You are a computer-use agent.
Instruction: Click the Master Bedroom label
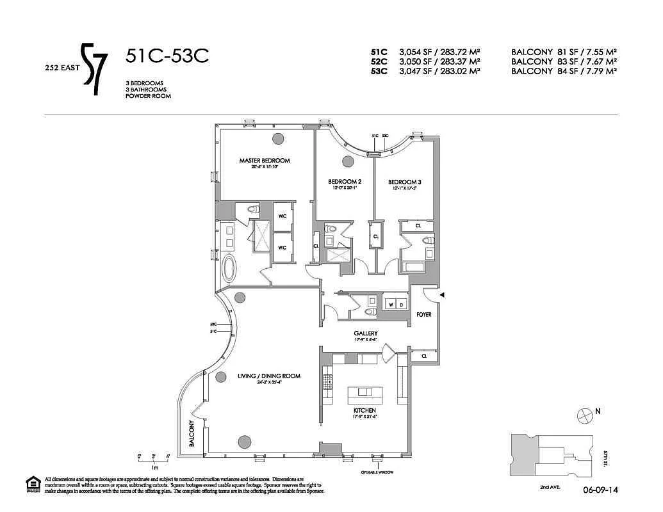click(x=265, y=161)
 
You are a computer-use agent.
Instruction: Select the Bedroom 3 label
click(x=404, y=182)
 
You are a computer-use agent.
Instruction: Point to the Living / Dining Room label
click(x=270, y=376)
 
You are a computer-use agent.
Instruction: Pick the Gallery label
click(x=365, y=333)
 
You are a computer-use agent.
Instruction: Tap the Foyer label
click(x=424, y=315)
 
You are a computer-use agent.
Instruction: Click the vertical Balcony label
click(x=192, y=435)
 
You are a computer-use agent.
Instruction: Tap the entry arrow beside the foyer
click(x=441, y=294)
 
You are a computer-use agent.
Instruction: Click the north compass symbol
click(x=585, y=415)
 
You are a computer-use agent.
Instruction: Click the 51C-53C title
click(x=167, y=57)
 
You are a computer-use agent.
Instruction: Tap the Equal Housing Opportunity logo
click(x=31, y=484)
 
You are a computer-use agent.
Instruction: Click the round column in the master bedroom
click(x=279, y=138)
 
